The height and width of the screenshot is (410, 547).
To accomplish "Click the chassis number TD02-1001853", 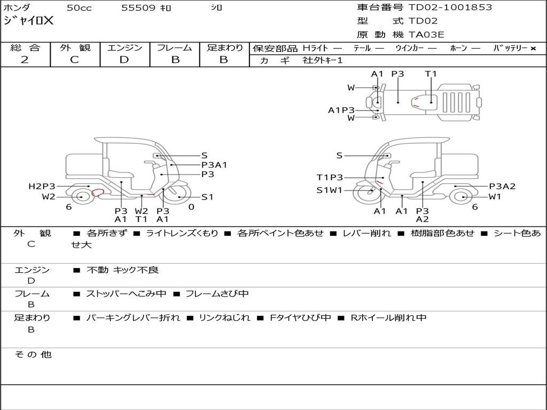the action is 450,7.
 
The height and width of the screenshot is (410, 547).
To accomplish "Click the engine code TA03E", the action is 426,35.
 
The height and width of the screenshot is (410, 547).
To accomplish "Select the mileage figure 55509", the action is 138,8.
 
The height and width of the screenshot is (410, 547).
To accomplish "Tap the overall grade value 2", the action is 25,60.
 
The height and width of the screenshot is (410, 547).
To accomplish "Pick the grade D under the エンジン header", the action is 124,60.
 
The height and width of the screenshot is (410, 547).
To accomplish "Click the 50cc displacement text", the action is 79,8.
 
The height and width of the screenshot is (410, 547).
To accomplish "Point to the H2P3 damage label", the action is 42,186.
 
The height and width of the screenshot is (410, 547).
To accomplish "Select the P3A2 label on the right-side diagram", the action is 502,186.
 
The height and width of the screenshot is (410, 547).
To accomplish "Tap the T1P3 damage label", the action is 330,177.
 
